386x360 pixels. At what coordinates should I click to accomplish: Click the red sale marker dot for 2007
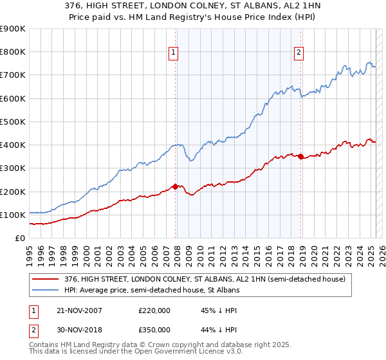click(x=175, y=186)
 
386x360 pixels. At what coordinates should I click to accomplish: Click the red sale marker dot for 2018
click(x=300, y=156)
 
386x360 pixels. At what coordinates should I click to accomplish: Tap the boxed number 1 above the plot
click(x=174, y=53)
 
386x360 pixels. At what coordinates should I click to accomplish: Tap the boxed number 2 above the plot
click(x=300, y=53)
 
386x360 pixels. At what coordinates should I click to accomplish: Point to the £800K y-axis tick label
click(x=13, y=52)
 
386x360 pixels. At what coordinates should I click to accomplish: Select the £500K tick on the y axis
click(x=13, y=122)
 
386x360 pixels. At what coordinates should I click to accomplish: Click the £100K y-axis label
click(x=13, y=215)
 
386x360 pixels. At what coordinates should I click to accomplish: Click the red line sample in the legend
click(x=46, y=279)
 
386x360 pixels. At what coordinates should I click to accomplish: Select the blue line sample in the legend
click(x=46, y=290)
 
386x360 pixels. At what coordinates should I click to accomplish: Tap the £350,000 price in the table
click(x=154, y=329)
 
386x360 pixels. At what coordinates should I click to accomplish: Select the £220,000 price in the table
click(x=154, y=310)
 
